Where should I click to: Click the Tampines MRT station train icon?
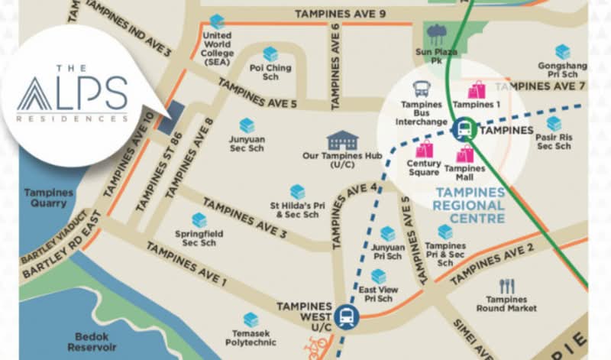pos(463,129)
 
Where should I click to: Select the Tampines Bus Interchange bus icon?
pos(421,89)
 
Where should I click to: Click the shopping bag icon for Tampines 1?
pos(477,89)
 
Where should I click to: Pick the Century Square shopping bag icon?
pos(424,148)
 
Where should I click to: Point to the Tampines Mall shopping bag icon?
pos(464,154)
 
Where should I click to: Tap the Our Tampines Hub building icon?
pos(342,141)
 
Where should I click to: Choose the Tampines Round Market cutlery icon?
pos(506,286)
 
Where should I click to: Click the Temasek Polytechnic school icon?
pos(250,319)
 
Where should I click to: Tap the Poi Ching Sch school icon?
pos(270,54)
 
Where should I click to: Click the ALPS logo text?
pos(73,93)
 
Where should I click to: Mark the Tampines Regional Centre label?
pos(469,205)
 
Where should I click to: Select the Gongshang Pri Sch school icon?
pos(562,52)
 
